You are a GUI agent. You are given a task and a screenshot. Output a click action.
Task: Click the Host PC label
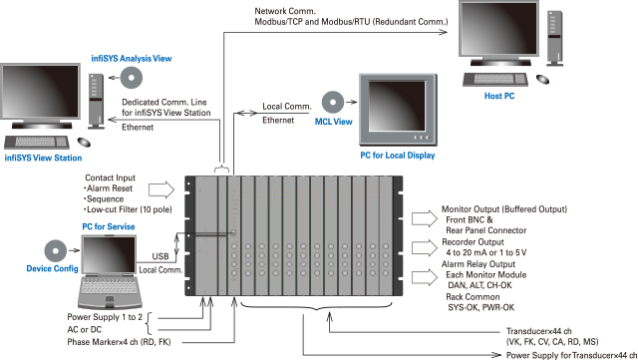click(x=499, y=96)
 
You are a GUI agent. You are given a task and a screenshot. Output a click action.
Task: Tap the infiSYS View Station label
click(x=43, y=158)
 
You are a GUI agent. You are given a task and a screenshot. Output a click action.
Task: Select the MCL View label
click(x=333, y=122)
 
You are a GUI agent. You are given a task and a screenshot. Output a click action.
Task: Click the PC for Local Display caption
click(x=398, y=156)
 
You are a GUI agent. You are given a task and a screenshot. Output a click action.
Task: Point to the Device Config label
click(x=52, y=268)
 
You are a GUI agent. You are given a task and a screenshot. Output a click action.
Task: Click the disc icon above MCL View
click(x=333, y=102)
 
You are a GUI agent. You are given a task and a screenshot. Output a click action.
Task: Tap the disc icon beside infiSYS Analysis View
click(x=132, y=78)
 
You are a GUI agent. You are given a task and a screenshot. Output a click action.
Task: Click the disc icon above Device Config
click(x=56, y=250)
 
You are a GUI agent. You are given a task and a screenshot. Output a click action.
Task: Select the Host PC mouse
click(x=542, y=79)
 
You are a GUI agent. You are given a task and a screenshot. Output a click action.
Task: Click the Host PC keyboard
click(x=495, y=79)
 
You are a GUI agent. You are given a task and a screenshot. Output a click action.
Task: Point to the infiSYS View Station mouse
click(x=84, y=143)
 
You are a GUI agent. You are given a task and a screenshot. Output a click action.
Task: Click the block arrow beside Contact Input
click(x=161, y=190)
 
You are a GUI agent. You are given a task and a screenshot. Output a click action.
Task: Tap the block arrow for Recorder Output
click(x=425, y=247)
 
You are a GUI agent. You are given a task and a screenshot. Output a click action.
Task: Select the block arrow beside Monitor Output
click(x=425, y=218)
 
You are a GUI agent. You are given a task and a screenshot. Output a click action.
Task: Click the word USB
click(x=160, y=256)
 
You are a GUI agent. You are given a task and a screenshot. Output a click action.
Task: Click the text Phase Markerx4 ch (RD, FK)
click(x=119, y=342)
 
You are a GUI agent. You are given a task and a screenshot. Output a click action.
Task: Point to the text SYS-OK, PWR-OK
click(x=480, y=307)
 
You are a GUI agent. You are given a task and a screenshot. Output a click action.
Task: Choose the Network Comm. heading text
click(x=285, y=11)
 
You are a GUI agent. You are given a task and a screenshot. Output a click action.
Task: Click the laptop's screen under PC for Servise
click(x=109, y=255)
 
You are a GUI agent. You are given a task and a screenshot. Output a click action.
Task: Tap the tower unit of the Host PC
click(x=555, y=38)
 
